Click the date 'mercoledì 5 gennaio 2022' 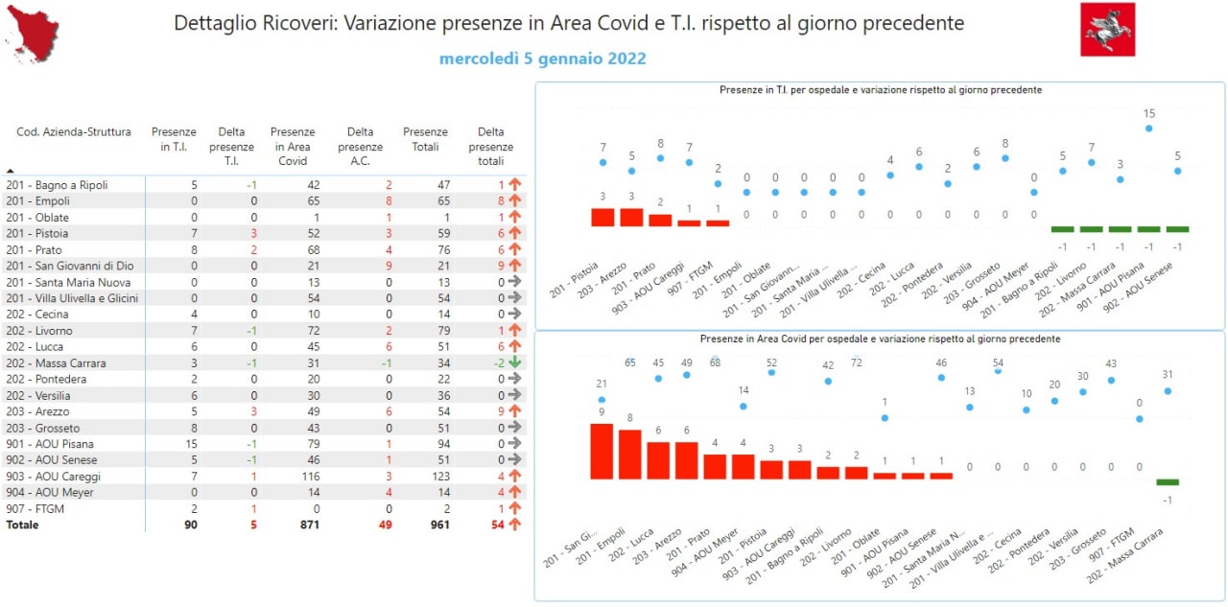tap(542, 59)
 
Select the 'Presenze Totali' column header tap(425, 139)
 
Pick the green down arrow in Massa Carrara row tap(514, 363)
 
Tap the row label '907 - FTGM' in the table tap(35, 508)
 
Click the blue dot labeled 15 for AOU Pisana tap(1148, 128)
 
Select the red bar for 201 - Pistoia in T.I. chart tap(602, 217)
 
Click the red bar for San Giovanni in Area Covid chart tap(602, 451)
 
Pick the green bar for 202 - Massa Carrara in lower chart tap(1168, 482)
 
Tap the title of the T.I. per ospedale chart tap(880, 90)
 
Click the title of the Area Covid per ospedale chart tap(880, 339)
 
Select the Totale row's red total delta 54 tap(496, 525)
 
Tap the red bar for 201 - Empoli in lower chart tap(630, 455)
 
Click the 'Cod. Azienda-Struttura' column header tap(74, 132)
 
